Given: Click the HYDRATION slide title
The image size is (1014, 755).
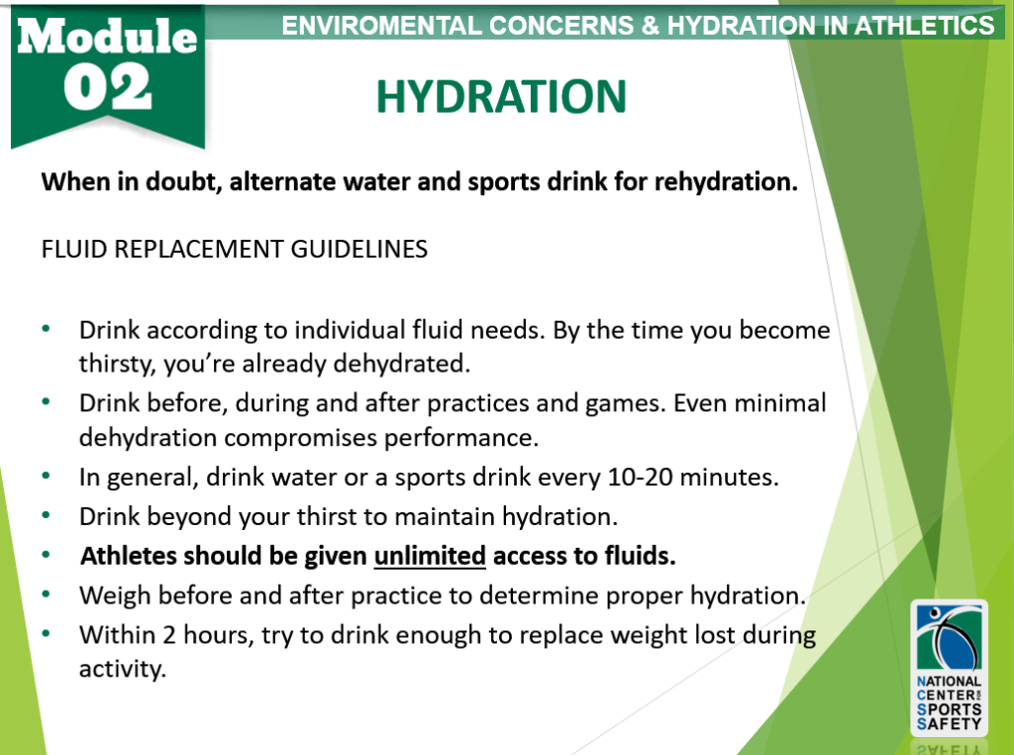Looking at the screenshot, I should pos(501,96).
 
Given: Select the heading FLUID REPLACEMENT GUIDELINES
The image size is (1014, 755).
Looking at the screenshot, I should pos(235,249).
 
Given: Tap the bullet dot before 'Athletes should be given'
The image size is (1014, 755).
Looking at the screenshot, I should pos(47,556).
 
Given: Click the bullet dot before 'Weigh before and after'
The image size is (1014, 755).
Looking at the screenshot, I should pos(47,594).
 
